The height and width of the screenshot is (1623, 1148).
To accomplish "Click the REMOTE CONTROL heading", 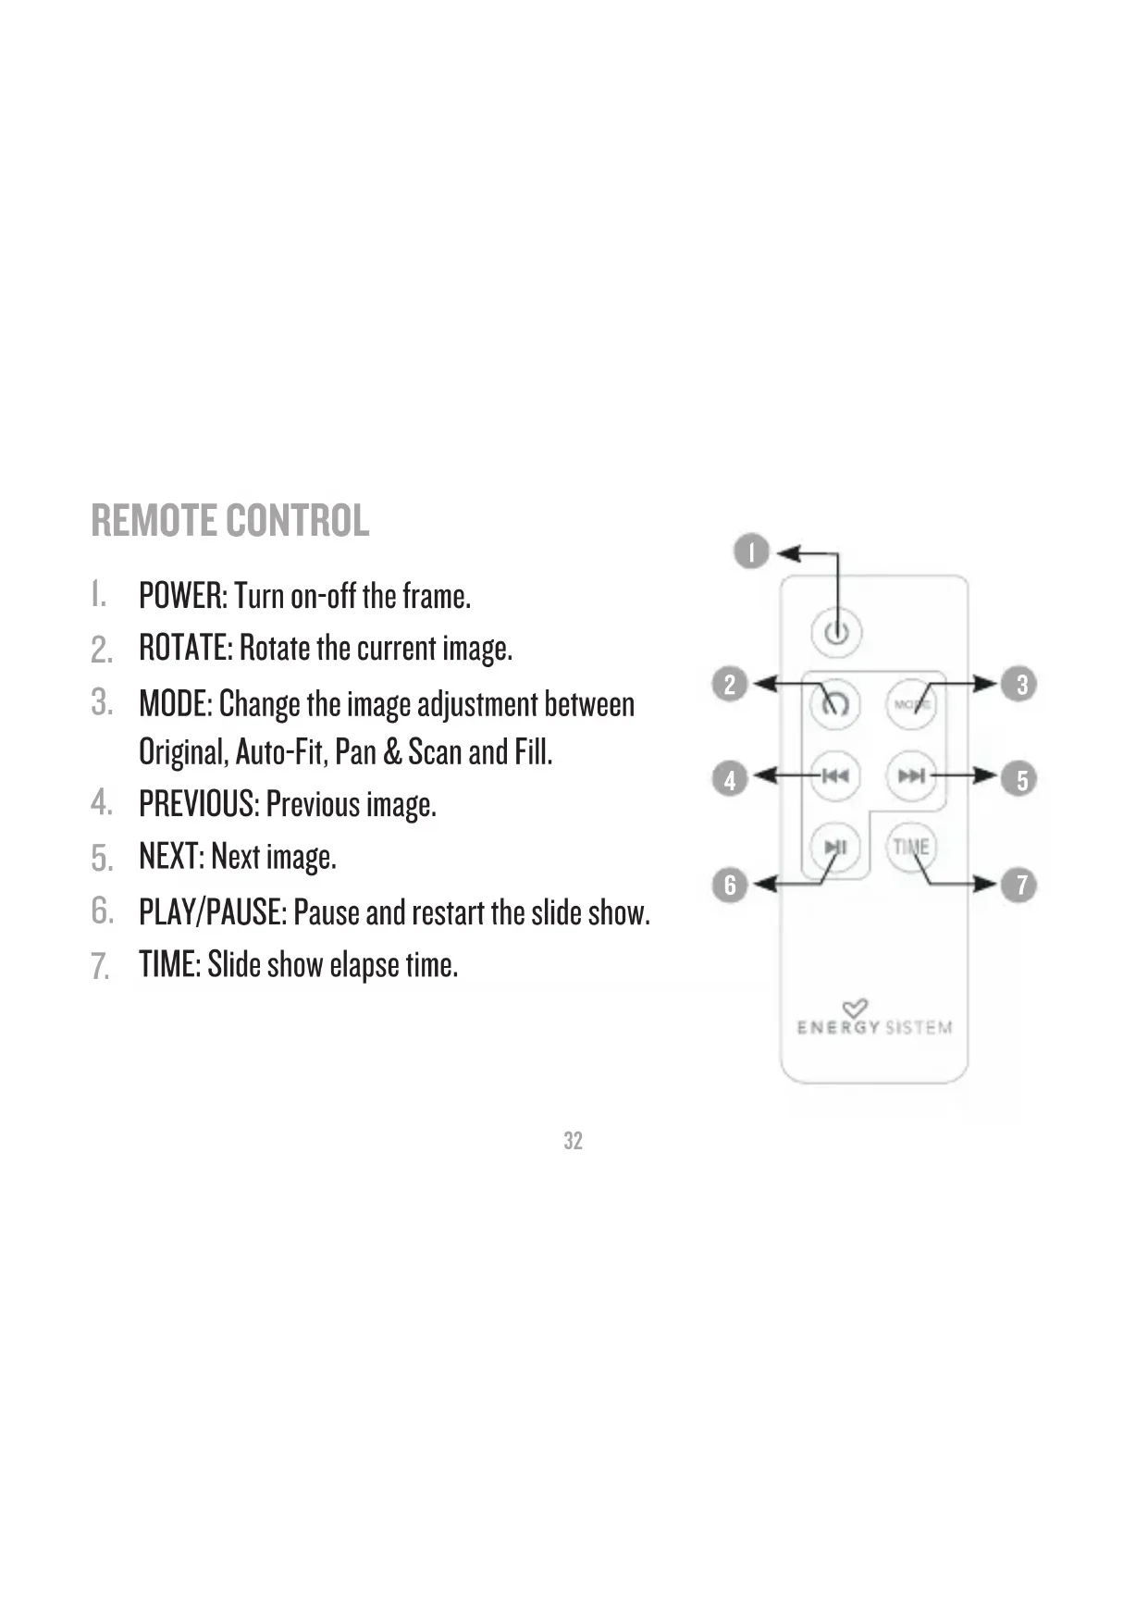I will [230, 520].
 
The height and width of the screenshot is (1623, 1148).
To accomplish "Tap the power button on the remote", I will [836, 633].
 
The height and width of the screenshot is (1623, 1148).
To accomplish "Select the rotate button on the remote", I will [835, 704].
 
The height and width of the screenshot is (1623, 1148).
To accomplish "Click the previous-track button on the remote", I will [835, 775].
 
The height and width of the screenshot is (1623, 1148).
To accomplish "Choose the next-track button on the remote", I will [911, 775].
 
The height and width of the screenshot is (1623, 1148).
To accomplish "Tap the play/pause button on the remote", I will [835, 847].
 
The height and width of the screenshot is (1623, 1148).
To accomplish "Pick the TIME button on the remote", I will [911, 847].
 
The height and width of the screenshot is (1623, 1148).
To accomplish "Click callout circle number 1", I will [752, 552].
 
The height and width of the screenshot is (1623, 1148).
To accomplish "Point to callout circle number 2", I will [730, 685].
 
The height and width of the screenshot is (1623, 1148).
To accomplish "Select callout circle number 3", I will [1020, 685].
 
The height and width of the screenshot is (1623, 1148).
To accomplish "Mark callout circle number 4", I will [730, 779].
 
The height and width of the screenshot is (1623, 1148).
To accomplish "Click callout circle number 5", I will [1020, 779].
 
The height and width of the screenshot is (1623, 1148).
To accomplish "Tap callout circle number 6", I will [730, 886].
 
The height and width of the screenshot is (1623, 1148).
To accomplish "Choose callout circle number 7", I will [1020, 886].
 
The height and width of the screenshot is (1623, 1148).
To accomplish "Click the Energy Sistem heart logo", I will [855, 1008].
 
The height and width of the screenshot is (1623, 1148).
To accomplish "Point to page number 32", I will [574, 1141].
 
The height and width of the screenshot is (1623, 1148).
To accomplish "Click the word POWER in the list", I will [181, 596].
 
